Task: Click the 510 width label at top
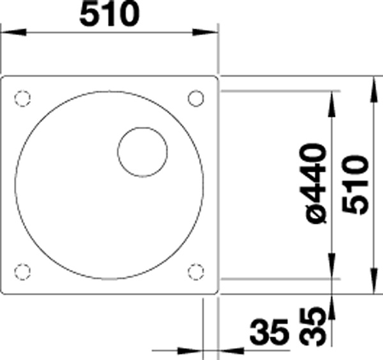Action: pos(110,14)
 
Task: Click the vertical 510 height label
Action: pos(356,185)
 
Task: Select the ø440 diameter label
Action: pos(315,184)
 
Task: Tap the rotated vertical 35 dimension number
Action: pos(313,326)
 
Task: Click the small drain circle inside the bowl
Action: pos(142,152)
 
